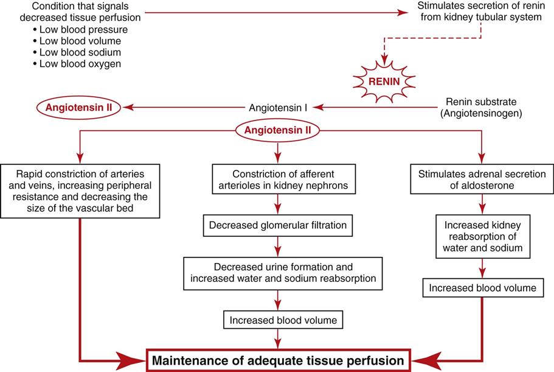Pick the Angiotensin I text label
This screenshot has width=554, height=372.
[x=278, y=107]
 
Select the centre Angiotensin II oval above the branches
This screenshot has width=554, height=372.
[x=278, y=130]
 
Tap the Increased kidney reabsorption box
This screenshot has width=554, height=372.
[x=480, y=237]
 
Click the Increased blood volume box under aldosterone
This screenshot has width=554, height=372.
[x=480, y=288]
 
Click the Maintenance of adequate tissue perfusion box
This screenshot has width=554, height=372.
[x=277, y=359]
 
